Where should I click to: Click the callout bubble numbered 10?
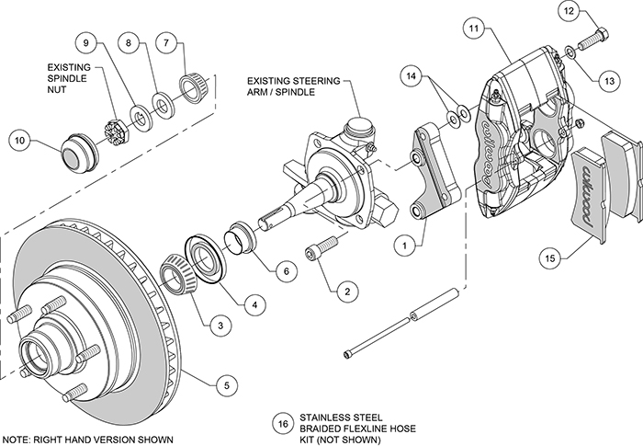coord(20,141)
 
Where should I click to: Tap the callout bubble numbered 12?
coord(569,12)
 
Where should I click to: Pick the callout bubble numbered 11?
coord(474,29)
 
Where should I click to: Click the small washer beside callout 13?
coord(572,52)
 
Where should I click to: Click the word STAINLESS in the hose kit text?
coord(325,415)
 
